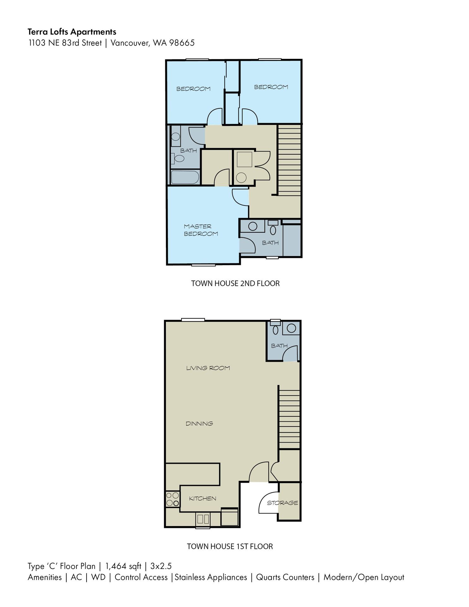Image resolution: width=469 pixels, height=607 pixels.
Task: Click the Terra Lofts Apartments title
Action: (x=72, y=32)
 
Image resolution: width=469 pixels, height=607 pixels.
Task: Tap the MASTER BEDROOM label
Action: (x=201, y=230)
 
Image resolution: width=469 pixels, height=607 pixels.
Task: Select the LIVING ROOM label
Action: (x=208, y=368)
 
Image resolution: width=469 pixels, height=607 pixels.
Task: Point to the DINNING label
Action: (x=199, y=424)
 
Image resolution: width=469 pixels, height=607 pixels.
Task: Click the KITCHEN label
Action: (x=203, y=499)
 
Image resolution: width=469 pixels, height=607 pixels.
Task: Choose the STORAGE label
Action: (x=282, y=503)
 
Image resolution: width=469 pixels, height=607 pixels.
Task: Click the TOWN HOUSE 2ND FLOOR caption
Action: (x=235, y=283)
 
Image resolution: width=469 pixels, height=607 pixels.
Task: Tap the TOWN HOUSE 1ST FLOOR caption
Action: (x=230, y=546)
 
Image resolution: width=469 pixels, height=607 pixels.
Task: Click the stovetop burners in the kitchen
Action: (x=173, y=500)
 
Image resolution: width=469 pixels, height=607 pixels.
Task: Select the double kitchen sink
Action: (x=203, y=519)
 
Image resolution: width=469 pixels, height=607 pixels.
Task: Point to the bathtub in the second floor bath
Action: (x=185, y=177)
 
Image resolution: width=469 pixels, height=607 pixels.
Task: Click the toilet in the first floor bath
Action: (x=276, y=329)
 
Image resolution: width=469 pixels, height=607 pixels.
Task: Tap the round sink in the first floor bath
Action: (x=291, y=328)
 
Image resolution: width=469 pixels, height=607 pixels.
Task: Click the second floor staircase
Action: (x=289, y=160)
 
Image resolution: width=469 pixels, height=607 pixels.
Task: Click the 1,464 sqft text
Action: (x=123, y=566)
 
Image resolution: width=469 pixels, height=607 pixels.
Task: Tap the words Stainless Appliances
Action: (x=211, y=577)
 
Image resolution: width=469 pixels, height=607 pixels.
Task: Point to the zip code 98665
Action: (x=182, y=43)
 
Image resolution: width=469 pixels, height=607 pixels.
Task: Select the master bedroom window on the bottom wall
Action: (x=204, y=265)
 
